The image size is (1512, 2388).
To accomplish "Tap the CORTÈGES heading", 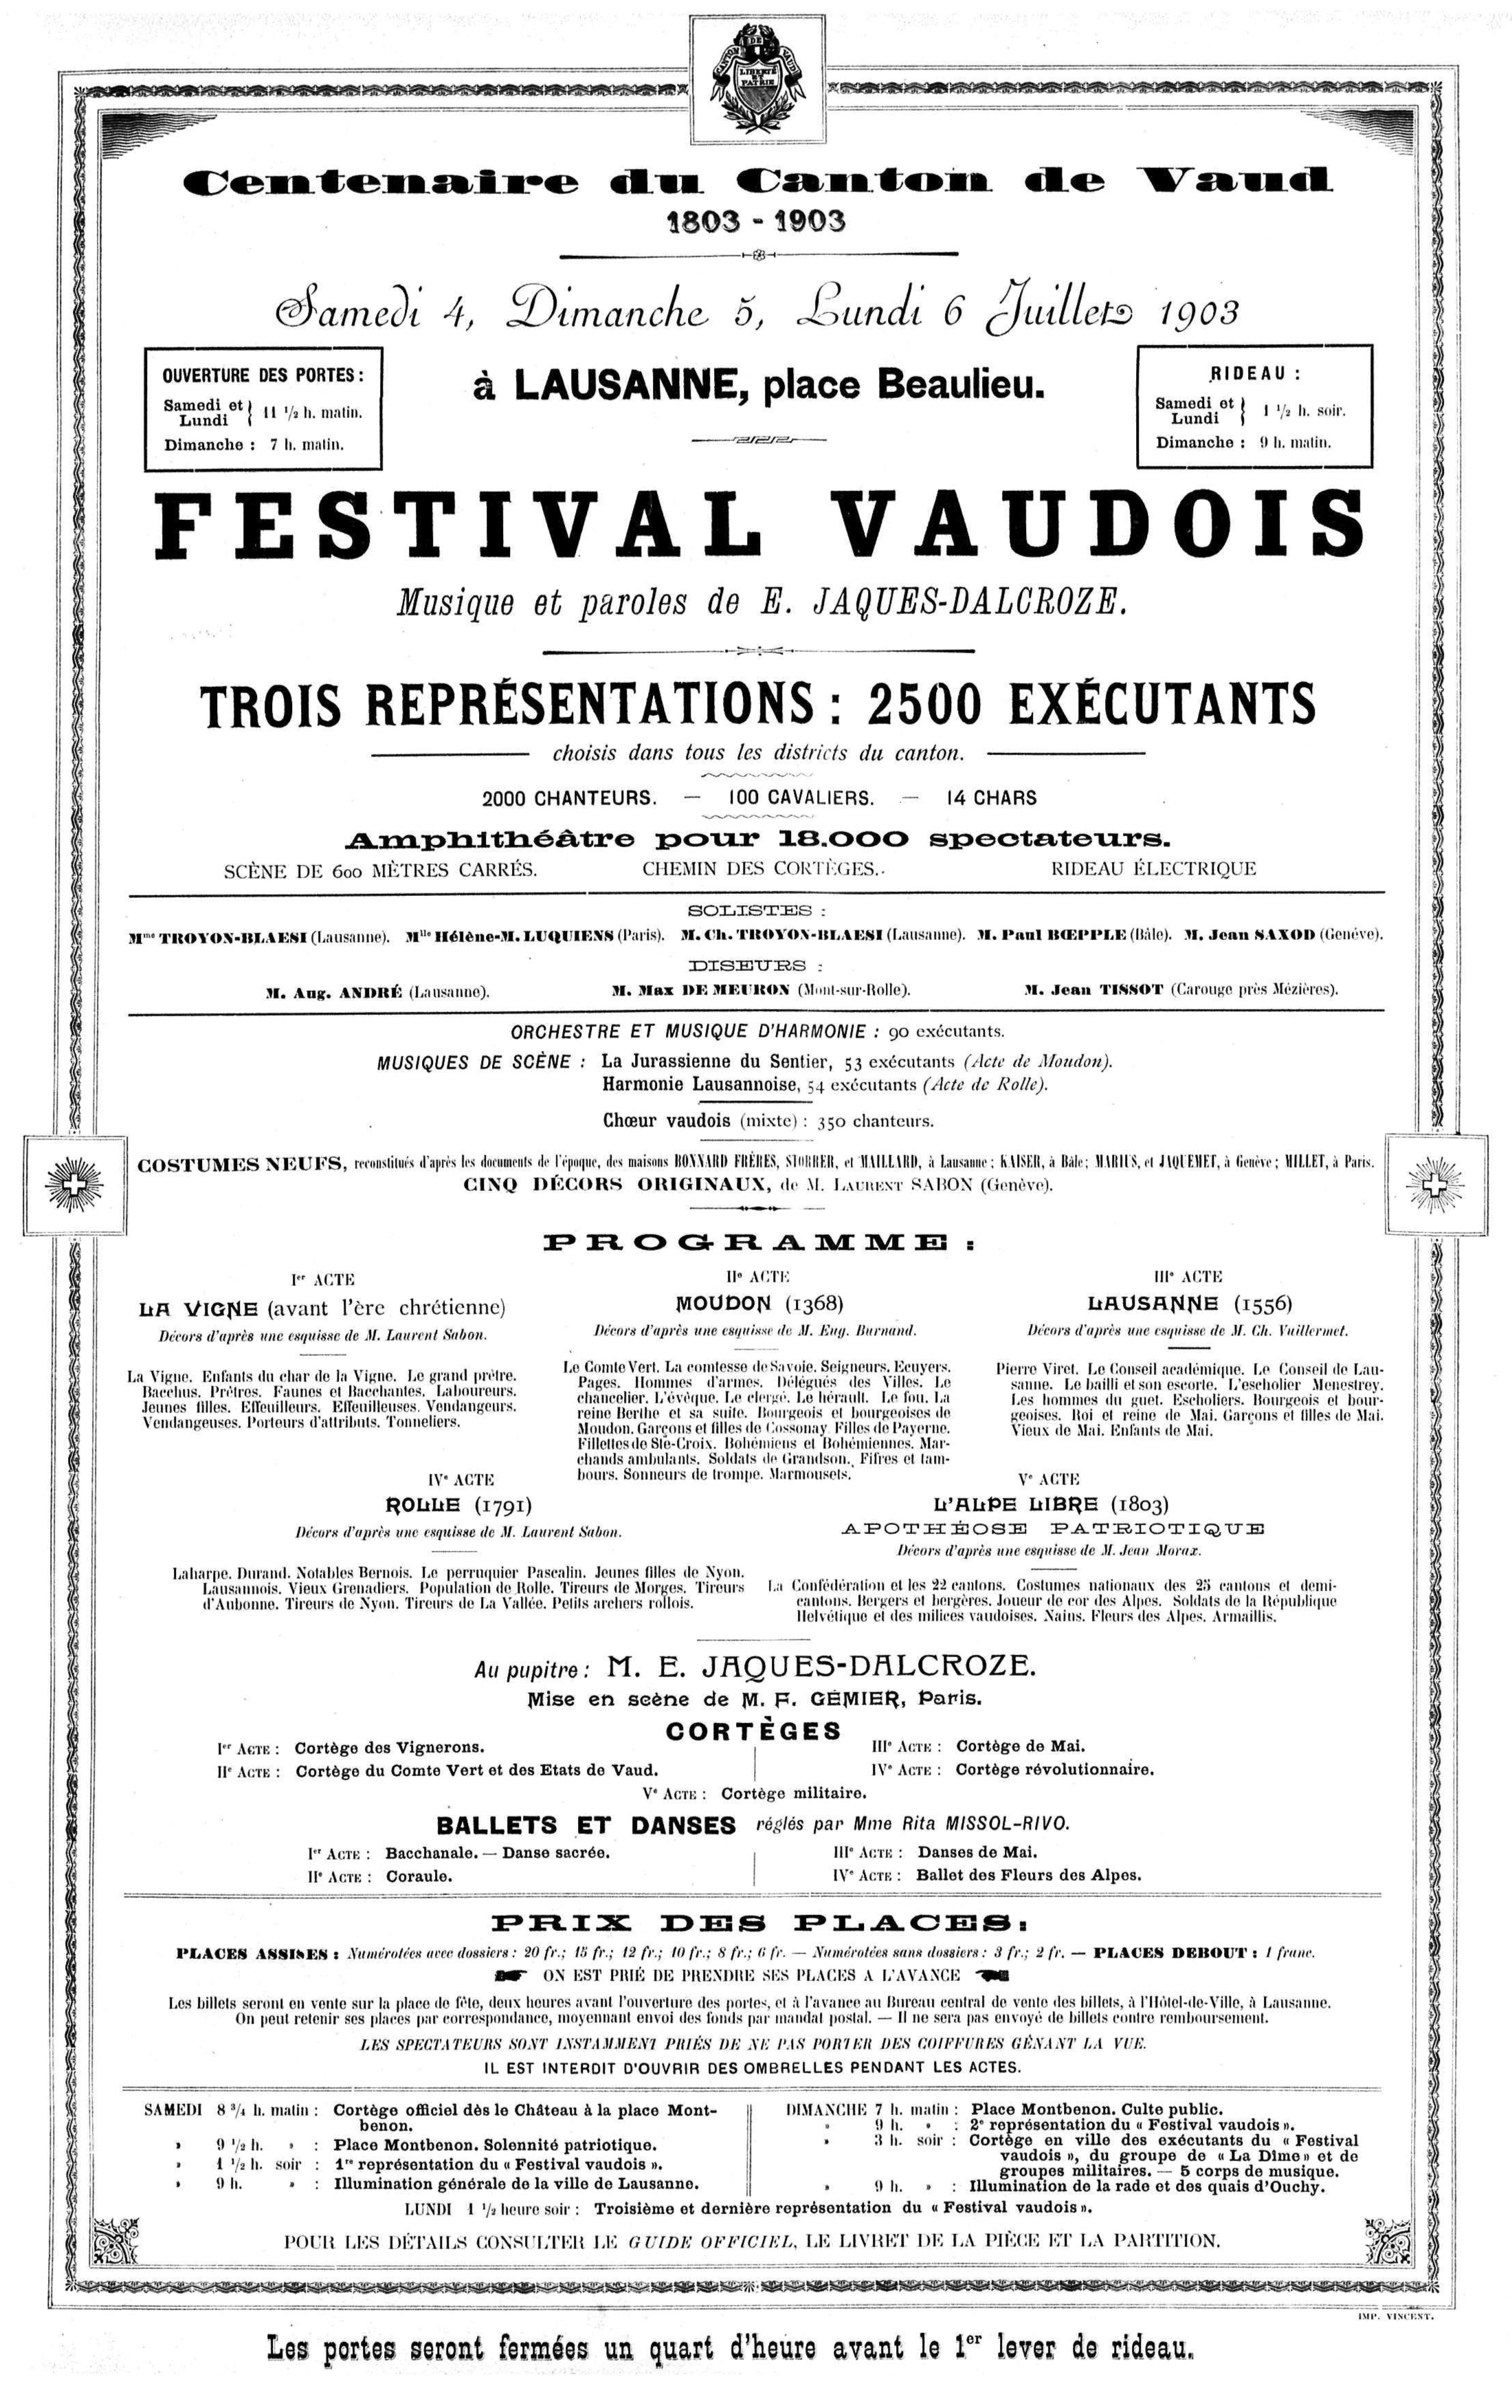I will [753, 1731].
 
